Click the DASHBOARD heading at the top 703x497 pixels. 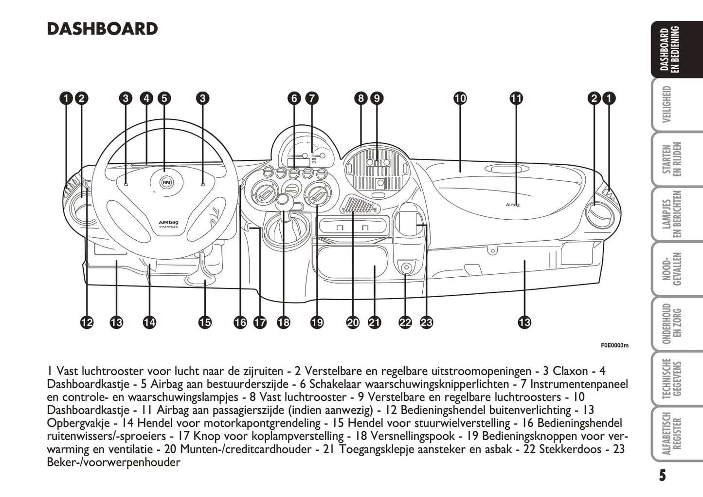102,29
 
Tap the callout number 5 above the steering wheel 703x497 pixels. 164,98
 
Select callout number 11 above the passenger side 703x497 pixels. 516,98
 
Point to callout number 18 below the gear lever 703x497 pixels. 283,322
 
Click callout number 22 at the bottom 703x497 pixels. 405,322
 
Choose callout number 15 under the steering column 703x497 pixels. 205,322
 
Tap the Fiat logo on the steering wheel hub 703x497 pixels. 166,182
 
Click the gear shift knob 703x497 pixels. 283,200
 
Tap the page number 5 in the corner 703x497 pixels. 662,475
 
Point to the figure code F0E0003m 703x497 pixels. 614,345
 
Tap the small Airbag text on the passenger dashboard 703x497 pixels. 513,205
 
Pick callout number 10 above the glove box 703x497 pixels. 460,98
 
